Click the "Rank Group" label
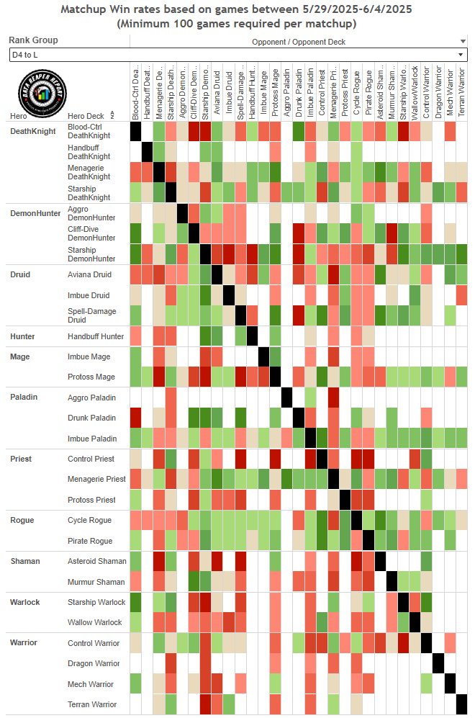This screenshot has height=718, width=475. pyautogui.click(x=34, y=40)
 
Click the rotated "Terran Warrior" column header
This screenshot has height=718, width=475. pyautogui.click(x=462, y=92)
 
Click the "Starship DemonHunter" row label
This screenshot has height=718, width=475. pyautogui.click(x=92, y=254)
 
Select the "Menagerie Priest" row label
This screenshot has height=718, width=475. pyautogui.click(x=96, y=479)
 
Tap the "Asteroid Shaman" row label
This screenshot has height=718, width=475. pyautogui.click(x=96, y=561)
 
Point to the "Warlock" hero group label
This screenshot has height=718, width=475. pyautogui.click(x=26, y=602)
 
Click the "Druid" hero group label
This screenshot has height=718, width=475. pyautogui.click(x=20, y=274)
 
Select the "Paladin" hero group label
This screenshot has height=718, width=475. pyautogui.click(x=24, y=397)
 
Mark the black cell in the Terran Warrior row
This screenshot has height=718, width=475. pyautogui.click(x=462, y=704)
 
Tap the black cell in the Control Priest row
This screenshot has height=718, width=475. pyautogui.click(x=322, y=459)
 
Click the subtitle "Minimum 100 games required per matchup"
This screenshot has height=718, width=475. pyautogui.click(x=237, y=24)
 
